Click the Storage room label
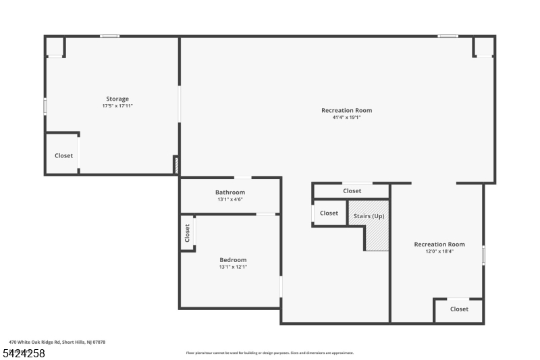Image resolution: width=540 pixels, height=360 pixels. coord(117,99)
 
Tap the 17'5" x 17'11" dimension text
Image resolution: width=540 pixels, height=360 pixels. coord(117,106)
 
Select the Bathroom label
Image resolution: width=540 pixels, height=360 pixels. coord(230,192)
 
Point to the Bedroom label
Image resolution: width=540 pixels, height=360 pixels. coord(233,260)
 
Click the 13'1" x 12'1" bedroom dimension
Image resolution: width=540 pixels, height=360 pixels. coord(233,267)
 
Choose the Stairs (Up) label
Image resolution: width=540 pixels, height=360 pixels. coord(369,216)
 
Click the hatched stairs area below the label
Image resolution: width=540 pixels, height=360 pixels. coord(377,236)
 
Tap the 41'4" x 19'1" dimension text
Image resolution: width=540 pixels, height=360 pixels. coord(346,118)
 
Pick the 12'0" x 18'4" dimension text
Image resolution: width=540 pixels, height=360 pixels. coord(439,251)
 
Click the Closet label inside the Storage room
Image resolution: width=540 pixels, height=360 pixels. coord(63,156)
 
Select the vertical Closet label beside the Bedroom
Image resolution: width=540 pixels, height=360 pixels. coord(188,233)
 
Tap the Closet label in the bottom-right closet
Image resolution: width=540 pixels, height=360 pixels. coord(459,309)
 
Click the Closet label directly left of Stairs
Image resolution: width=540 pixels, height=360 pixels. coord(329,213)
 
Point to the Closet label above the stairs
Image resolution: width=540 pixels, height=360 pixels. coord(352,191)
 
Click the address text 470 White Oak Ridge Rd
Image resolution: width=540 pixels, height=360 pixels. coord(57,342)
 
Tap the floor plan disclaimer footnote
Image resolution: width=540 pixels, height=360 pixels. coord(269,353)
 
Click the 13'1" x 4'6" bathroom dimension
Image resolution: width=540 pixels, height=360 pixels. coord(230,199)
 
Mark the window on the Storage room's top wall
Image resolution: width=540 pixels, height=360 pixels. coord(110,36)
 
